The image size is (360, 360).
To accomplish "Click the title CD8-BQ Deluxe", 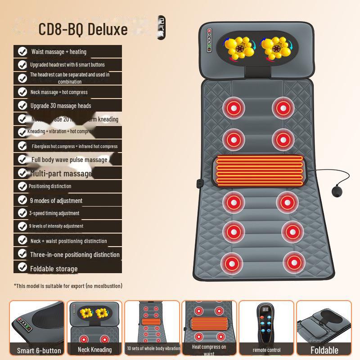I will pyautogui.click(x=83, y=30).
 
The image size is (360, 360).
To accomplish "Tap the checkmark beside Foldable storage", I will pyautogui.click(x=22, y=268).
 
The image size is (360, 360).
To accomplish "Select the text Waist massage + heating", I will pyautogui.click(x=58, y=52).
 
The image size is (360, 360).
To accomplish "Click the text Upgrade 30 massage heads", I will pyautogui.click(x=60, y=106).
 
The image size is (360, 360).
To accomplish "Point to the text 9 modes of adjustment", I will pyautogui.click(x=56, y=201).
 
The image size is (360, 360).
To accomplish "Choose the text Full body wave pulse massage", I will pyautogui.click(x=69, y=160).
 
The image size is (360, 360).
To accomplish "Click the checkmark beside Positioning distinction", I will pyautogui.click(x=22, y=186).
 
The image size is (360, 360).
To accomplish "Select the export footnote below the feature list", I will pyautogui.click(x=68, y=286).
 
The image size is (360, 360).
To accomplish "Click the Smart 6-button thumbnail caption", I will pyautogui.click(x=39, y=351).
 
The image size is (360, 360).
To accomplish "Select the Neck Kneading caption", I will pyautogui.click(x=95, y=349).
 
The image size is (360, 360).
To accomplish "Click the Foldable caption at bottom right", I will pyautogui.click(x=324, y=350).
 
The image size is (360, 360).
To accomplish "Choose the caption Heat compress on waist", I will pyautogui.click(x=209, y=350).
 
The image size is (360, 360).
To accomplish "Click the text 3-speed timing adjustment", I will pyautogui.click(x=54, y=213).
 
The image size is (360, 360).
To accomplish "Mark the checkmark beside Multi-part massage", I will pyautogui.click(x=22, y=173).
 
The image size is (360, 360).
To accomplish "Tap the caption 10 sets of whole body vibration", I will pyautogui.click(x=153, y=349).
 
